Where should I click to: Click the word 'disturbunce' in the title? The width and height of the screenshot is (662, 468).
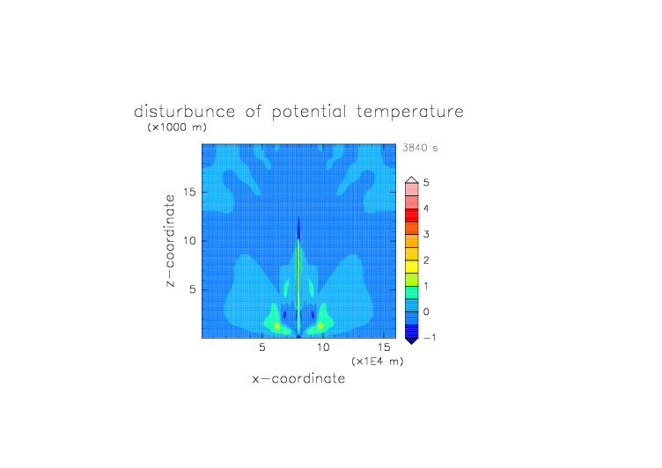[x=184, y=112]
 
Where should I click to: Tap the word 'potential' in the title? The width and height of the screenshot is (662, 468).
[x=309, y=112]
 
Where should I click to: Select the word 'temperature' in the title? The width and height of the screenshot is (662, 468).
[x=410, y=112]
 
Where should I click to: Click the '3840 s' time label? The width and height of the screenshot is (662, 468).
[x=420, y=148]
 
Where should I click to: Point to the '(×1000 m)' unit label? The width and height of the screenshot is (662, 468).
[x=177, y=127]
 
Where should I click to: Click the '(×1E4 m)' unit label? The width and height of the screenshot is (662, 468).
[x=378, y=362]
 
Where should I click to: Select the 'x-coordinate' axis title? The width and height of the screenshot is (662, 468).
[x=298, y=378]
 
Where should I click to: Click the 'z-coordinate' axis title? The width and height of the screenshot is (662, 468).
[x=170, y=241]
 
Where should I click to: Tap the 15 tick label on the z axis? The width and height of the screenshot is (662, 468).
[x=189, y=192]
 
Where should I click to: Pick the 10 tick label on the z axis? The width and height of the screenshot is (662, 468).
[x=189, y=241]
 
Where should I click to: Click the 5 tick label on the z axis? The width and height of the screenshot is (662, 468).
[x=193, y=289]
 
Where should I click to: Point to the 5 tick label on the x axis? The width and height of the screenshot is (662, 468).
[x=262, y=347]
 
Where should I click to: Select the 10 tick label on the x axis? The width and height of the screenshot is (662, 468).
[x=323, y=347]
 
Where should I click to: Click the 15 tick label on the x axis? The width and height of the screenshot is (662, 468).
[x=384, y=347]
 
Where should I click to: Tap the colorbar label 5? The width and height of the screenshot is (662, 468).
[x=426, y=182]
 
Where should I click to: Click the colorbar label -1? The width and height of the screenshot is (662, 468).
[x=430, y=337]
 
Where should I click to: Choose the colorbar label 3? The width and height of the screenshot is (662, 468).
[x=426, y=234]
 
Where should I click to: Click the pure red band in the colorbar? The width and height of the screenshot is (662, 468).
[x=412, y=216]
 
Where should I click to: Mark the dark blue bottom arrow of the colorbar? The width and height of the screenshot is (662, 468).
[x=412, y=341]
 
